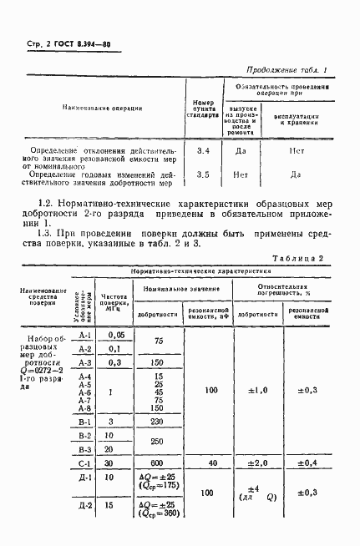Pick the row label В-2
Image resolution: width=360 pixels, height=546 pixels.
[x=84, y=434]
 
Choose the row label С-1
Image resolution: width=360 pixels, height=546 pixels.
[x=84, y=463]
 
